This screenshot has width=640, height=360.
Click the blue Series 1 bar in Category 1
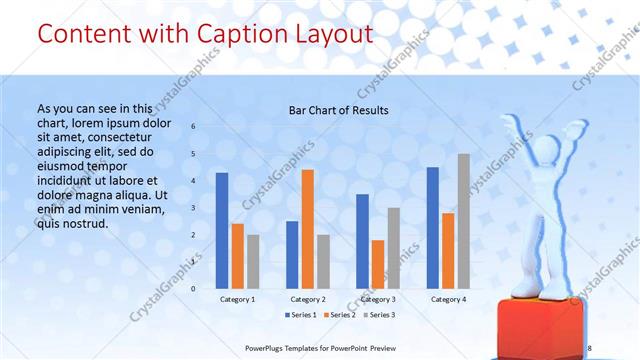pyautogui.click(x=222, y=230)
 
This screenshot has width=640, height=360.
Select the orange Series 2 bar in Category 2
pyautogui.click(x=307, y=228)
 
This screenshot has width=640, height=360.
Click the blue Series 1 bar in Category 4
pyautogui.click(x=432, y=227)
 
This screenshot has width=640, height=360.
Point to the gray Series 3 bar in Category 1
pyautogui.click(x=253, y=261)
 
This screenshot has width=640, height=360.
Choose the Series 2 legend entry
pyautogui.click(x=338, y=315)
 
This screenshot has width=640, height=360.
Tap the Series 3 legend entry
pyautogui.click(x=377, y=315)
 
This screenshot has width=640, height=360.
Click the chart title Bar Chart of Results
pyautogui.click(x=338, y=110)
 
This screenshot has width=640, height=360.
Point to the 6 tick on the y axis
pyautogui.click(x=194, y=127)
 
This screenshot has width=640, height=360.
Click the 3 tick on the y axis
pyautogui.click(x=194, y=208)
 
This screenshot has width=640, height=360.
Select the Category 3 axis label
pyautogui.click(x=377, y=299)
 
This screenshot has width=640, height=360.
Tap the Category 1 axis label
pyautogui.click(x=237, y=299)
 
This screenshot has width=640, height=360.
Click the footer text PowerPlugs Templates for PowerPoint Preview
pyautogui.click(x=335, y=348)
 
